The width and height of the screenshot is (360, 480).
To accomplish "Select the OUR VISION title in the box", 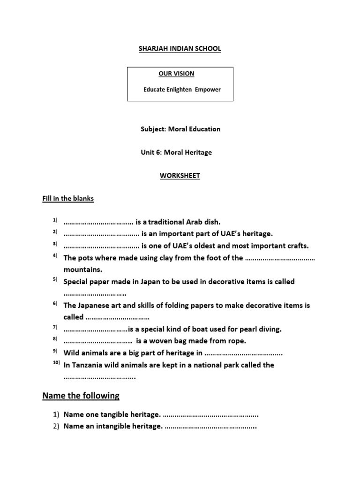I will (x=176, y=74).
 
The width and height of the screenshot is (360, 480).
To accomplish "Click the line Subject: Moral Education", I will (x=180, y=129).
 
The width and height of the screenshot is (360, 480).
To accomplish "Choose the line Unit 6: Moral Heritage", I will (x=176, y=152).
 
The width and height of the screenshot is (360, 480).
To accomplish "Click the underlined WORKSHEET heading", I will (x=180, y=176).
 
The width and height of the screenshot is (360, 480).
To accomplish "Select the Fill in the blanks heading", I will (x=68, y=198).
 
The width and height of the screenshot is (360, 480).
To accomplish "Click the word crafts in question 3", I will (x=298, y=246).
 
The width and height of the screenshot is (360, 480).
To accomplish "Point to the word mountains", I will (x=83, y=270).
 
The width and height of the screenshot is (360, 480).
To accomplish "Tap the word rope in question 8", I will (x=235, y=341).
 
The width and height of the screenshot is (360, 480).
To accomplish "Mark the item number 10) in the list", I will (x=56, y=363).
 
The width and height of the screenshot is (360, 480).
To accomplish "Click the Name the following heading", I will (x=81, y=396).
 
